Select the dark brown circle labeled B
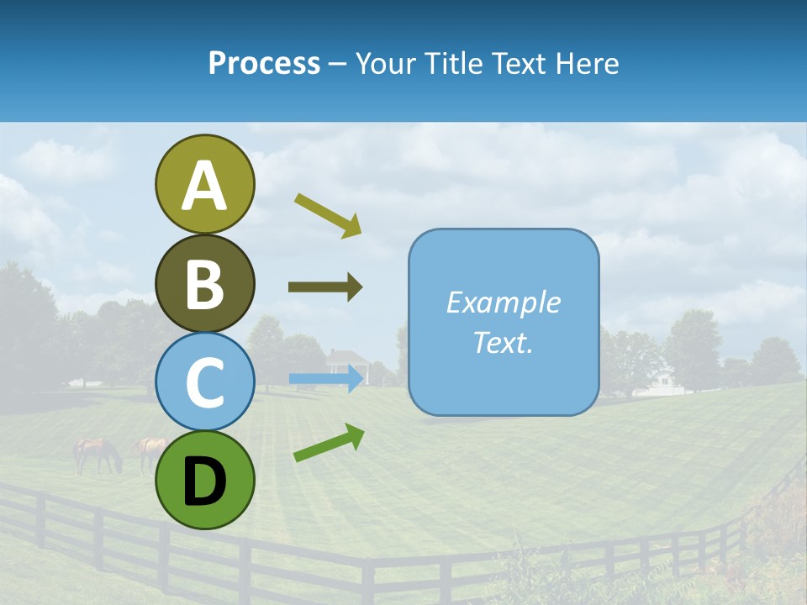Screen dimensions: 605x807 204,283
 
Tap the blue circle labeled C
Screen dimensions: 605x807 204,382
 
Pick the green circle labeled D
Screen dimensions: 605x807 204,480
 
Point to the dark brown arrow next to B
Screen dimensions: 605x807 325,287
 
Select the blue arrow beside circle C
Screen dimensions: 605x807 326,379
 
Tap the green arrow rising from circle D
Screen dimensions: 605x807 329,443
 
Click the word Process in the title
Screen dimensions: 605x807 264,63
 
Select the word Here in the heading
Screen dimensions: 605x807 588,63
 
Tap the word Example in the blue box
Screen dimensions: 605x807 503,302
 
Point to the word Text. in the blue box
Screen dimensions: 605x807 503,342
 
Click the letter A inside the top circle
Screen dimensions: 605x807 204,187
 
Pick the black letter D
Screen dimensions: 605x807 204,481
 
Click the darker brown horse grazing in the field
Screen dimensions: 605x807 97,454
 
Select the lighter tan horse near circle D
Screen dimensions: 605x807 150,450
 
